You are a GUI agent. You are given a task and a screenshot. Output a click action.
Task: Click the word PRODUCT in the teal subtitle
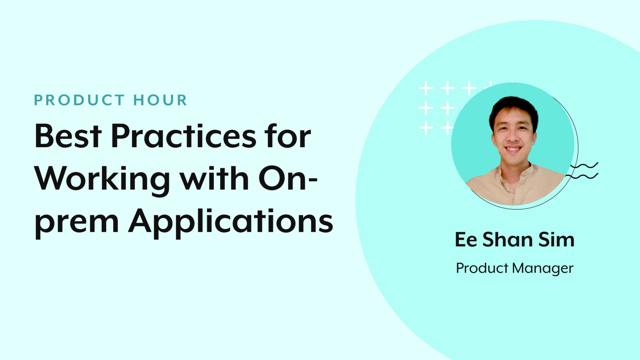79,100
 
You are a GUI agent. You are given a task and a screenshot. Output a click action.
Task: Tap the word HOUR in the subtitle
160,100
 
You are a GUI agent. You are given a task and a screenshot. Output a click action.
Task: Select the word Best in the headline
68,136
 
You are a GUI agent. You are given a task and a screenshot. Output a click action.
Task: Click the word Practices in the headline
184,136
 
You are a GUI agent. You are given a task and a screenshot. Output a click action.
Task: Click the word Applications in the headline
231,222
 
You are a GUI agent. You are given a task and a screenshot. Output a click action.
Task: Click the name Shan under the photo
507,240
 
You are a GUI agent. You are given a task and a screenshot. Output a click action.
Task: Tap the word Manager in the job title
542,268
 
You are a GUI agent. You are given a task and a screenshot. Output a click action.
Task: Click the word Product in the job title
482,268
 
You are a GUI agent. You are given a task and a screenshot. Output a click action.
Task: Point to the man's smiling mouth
513,149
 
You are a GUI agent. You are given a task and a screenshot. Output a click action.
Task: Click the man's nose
512,137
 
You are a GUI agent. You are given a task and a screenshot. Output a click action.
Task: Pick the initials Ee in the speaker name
466,240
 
